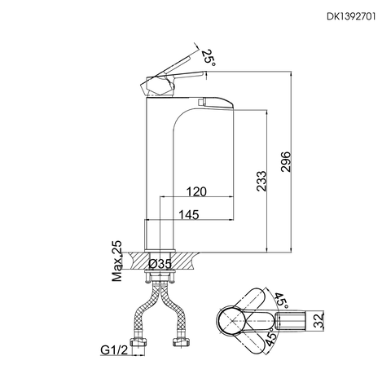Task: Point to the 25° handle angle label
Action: (x=209, y=58)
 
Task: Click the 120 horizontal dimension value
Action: (x=195, y=192)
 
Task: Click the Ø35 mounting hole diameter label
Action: (x=160, y=264)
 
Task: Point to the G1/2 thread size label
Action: (x=116, y=352)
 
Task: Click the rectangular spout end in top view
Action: (x=308, y=320)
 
